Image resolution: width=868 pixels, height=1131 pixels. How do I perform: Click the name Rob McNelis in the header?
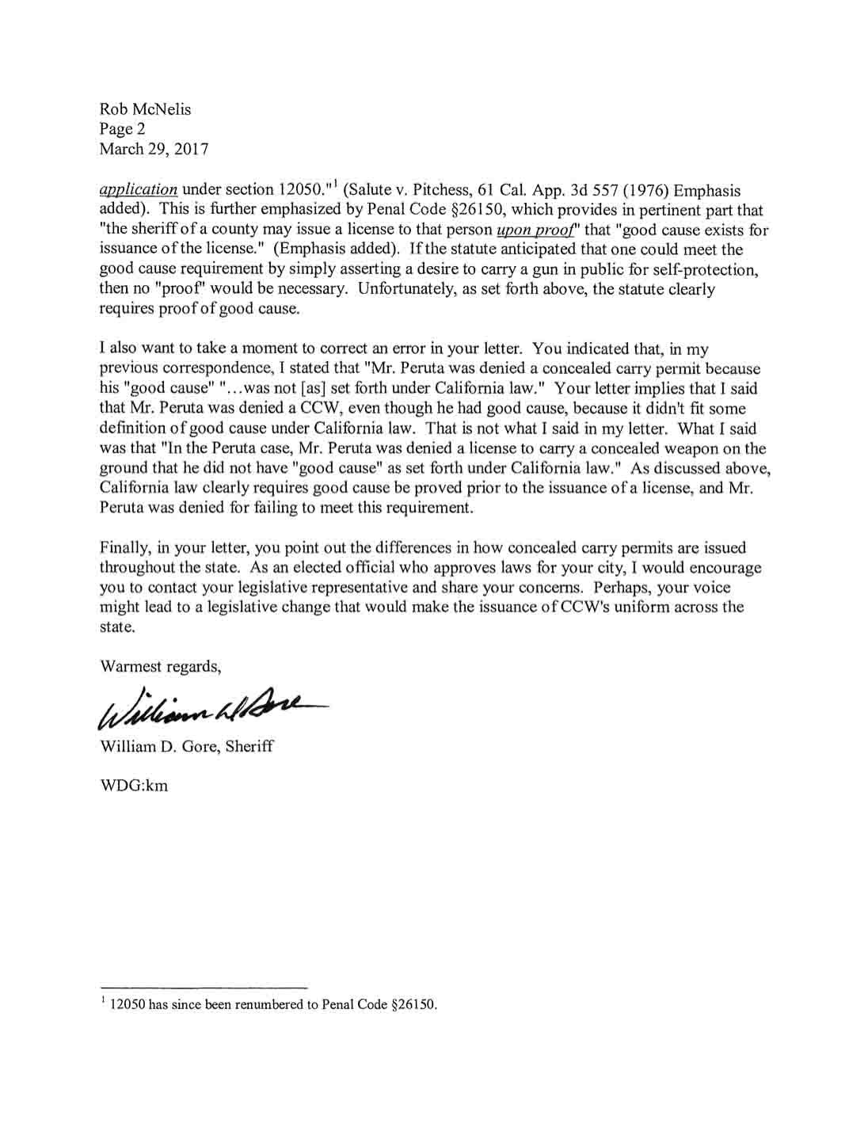(x=145, y=109)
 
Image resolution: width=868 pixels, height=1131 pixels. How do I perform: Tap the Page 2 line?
(x=122, y=128)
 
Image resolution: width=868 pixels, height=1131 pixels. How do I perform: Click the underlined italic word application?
(x=138, y=190)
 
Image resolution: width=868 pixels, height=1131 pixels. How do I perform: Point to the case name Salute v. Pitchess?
(x=410, y=190)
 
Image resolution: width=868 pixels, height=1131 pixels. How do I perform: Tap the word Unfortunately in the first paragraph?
(x=405, y=289)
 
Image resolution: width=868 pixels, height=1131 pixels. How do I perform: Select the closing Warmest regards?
(x=160, y=666)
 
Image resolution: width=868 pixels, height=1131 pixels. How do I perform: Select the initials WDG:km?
(x=133, y=786)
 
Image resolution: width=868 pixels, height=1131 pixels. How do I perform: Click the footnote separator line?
(x=203, y=988)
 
